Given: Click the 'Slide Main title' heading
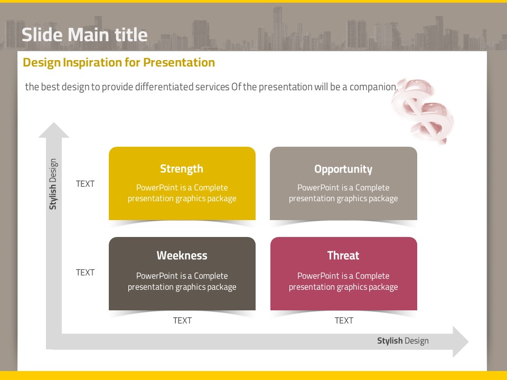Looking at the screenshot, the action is click(84, 35).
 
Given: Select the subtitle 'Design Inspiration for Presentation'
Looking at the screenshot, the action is click(119, 62).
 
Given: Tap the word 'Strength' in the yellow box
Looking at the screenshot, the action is click(182, 169).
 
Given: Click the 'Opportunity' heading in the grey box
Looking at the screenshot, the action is click(343, 169).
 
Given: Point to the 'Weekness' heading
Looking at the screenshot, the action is click(182, 255).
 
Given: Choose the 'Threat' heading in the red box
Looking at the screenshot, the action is click(343, 255).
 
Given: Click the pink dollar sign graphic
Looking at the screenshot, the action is click(422, 110).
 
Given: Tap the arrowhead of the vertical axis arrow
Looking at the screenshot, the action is click(54, 130).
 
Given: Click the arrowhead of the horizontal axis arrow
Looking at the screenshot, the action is click(461, 341).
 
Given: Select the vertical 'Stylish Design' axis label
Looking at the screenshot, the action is click(53, 184).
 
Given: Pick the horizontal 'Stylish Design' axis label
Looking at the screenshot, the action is click(403, 341).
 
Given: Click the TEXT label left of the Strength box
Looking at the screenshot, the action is click(85, 184).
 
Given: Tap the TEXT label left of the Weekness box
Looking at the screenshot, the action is click(85, 272).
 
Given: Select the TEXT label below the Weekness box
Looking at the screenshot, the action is click(182, 320).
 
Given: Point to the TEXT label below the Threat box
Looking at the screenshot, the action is click(344, 320).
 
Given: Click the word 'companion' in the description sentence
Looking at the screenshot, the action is click(373, 87).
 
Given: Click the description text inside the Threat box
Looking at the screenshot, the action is click(343, 281).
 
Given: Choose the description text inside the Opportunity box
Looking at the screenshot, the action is click(343, 193).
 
